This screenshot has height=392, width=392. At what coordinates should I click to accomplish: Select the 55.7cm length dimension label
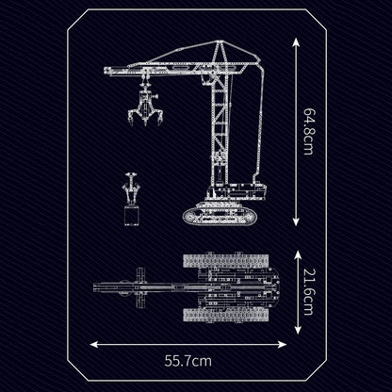coord(186,359)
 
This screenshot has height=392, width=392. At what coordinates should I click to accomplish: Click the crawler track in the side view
coord(226,215)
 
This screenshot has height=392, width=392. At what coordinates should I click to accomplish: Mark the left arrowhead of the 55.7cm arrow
coord(95,344)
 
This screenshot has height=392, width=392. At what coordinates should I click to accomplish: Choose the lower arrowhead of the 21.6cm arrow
coord(297,326)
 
